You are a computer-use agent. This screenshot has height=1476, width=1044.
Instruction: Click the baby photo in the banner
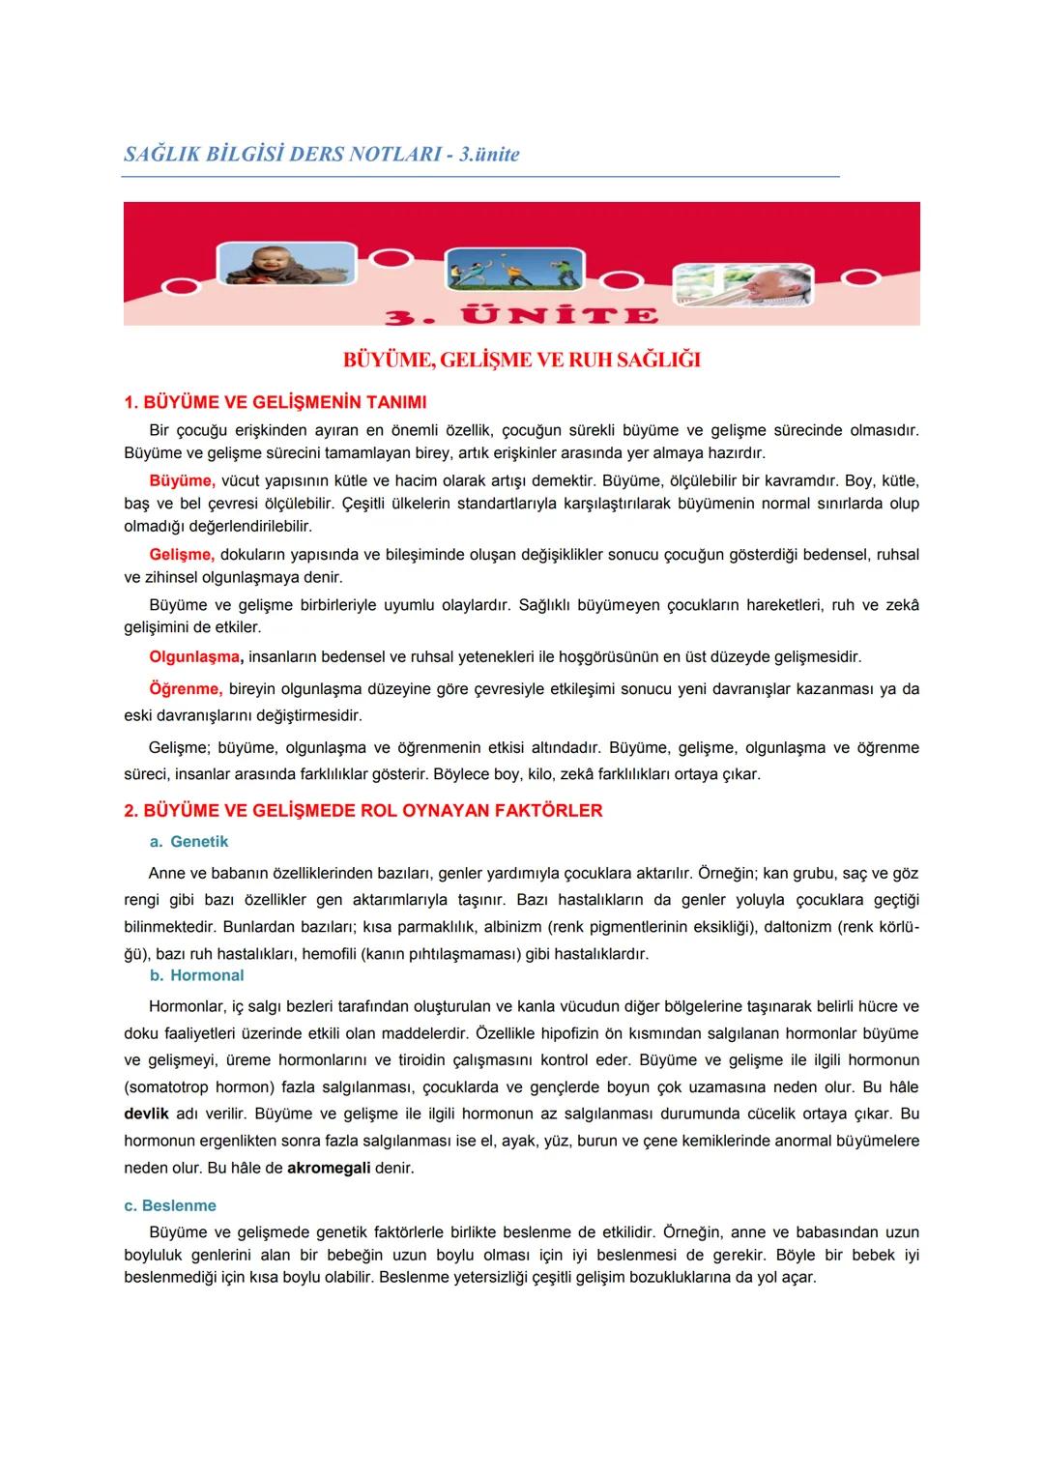pos(284,263)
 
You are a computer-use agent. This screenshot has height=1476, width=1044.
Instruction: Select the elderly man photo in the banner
pos(742,287)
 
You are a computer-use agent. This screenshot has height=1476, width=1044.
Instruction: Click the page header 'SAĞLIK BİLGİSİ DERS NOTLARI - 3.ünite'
pos(322,155)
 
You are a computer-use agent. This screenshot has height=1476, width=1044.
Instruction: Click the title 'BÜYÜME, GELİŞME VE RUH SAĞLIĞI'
pos(522,361)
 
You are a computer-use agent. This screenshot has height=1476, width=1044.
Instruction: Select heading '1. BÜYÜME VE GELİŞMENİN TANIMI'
pos(275,402)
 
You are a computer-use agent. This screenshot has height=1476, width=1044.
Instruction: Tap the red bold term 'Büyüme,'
pos(182,480)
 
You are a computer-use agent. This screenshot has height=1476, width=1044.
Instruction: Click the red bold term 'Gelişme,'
pos(181,555)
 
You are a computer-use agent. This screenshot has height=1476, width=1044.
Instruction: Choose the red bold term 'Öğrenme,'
pos(186,690)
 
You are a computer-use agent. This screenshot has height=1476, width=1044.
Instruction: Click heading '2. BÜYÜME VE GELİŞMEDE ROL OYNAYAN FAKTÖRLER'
pos(362,811)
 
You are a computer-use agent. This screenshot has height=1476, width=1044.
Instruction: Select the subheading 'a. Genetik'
pos(189,842)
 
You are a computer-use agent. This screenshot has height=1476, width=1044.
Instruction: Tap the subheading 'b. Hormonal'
pos(196,976)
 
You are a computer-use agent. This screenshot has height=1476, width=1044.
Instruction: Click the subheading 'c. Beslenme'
pos(169,1206)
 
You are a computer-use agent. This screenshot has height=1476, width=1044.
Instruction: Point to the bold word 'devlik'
pos(147,1114)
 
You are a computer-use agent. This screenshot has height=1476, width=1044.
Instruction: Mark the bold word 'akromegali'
pos(329,1168)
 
